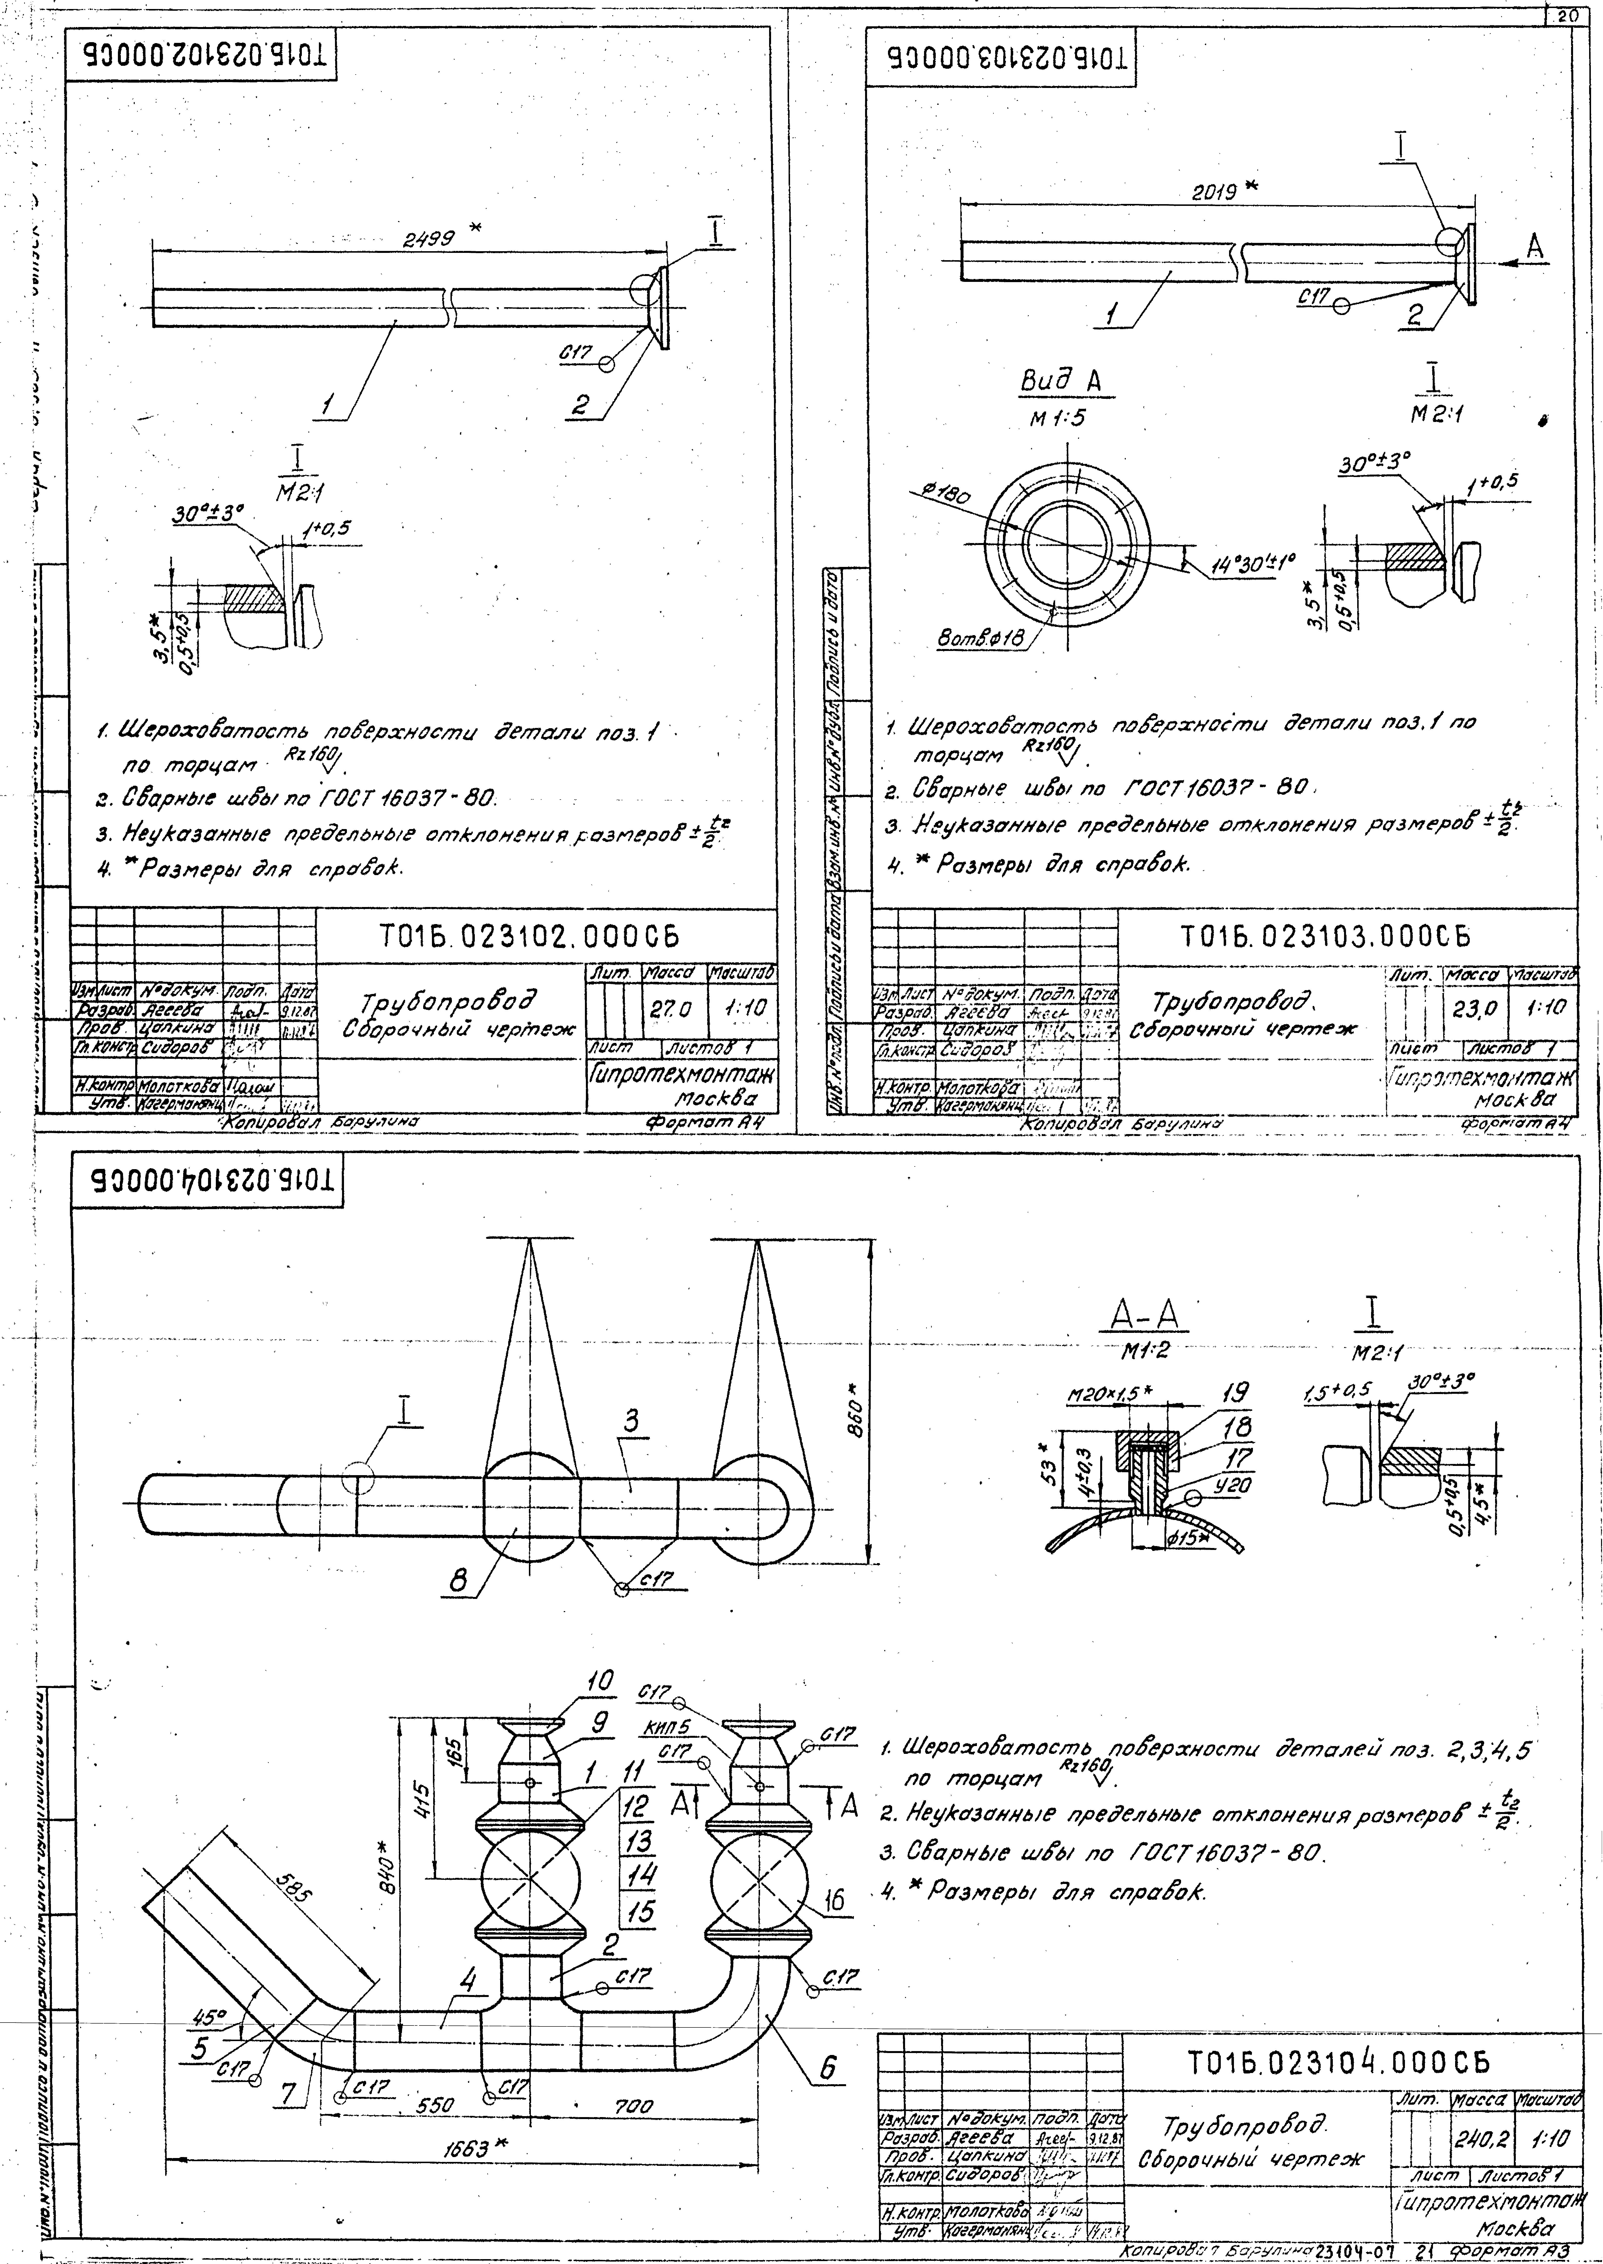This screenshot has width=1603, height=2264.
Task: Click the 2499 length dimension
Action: click(427, 238)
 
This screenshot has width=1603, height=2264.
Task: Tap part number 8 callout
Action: click(459, 1582)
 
